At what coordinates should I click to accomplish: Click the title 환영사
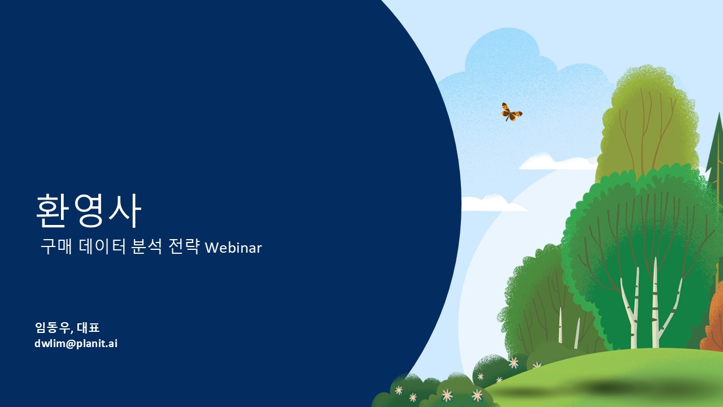(x=89, y=211)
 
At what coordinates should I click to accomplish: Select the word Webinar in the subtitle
(x=233, y=248)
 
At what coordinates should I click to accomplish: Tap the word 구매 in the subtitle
(x=56, y=247)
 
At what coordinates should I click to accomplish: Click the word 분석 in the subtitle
(x=146, y=247)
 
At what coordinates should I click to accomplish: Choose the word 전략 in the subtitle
(x=184, y=247)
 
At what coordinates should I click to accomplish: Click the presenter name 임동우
(x=53, y=327)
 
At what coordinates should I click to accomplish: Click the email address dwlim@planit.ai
(x=76, y=343)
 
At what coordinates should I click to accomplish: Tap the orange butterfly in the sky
(x=511, y=112)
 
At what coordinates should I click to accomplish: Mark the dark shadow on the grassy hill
(x=633, y=388)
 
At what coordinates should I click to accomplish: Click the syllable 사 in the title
(x=125, y=211)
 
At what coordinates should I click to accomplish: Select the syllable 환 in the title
(x=53, y=211)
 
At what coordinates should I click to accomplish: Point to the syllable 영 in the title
(x=89, y=211)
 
